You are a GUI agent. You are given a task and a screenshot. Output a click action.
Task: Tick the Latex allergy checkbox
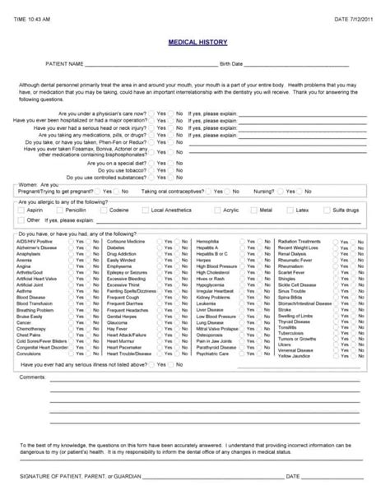[x=290, y=210]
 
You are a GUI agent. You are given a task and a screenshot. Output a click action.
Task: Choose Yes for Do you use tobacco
[x=151, y=170]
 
